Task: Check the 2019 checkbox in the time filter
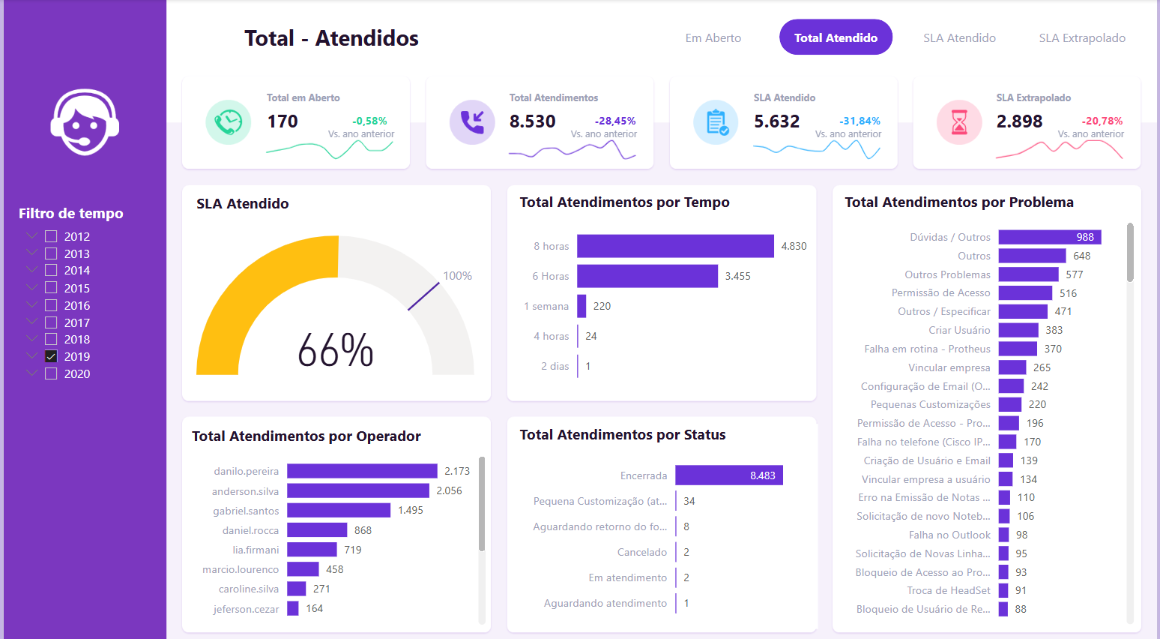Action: pos(51,356)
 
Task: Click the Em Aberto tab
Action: pos(713,38)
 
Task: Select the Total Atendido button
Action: pos(836,37)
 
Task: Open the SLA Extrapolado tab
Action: pos(1081,38)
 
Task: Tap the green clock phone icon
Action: pos(229,121)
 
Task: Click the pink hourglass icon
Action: pos(959,122)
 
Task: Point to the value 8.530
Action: pos(533,121)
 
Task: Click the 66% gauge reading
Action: pos(336,350)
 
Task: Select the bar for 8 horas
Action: pos(675,246)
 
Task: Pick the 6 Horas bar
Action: pos(647,276)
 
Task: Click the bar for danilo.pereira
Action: pos(362,471)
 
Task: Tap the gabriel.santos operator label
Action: pos(246,511)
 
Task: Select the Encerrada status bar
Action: pos(728,475)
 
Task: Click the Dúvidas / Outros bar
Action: pos(1049,237)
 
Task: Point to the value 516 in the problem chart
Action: pos(1068,293)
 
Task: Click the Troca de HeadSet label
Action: pos(949,591)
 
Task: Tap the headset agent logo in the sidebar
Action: pos(85,122)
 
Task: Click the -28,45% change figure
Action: pos(615,121)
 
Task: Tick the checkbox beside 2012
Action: pos(51,236)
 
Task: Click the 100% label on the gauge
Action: pos(457,276)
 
